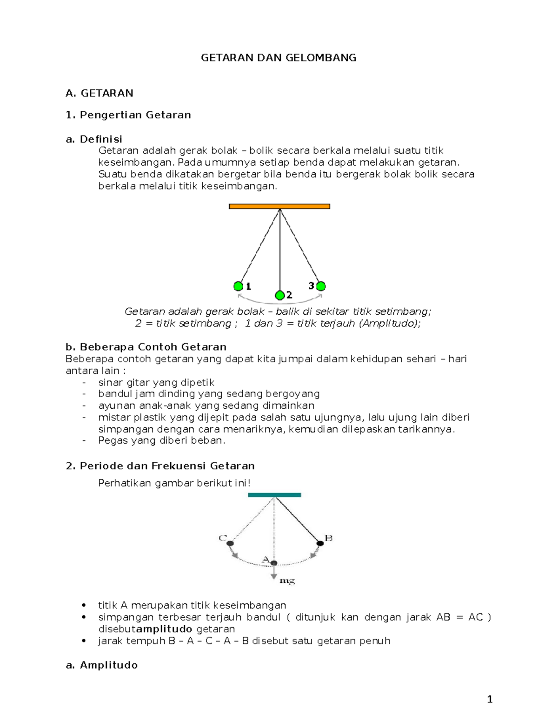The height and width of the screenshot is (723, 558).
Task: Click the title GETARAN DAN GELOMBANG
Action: [x=279, y=58]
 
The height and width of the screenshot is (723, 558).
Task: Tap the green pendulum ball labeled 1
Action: [x=239, y=286]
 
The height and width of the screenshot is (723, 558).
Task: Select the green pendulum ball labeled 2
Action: [x=279, y=295]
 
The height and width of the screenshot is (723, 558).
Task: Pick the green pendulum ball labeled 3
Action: [x=320, y=286]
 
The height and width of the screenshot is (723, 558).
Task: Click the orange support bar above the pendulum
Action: [x=279, y=206]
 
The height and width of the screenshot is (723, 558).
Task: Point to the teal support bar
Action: [x=274, y=495]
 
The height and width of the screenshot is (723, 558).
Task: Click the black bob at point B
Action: [x=320, y=543]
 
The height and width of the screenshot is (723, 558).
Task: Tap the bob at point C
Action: [x=230, y=543]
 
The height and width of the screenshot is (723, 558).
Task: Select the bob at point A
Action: [x=274, y=563]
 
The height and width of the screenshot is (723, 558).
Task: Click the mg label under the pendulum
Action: [x=287, y=581]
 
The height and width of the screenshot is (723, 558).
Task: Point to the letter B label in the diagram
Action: [x=328, y=538]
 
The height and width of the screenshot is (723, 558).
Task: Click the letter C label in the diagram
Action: [x=222, y=538]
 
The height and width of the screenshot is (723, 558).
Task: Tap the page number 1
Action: [x=489, y=699]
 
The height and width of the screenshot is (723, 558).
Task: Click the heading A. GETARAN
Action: [x=100, y=93]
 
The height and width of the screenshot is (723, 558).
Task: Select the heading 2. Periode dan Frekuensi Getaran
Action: [x=160, y=466]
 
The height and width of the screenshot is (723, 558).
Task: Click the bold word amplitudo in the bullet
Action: [x=164, y=629]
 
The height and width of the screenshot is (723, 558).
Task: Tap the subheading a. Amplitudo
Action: [x=102, y=665]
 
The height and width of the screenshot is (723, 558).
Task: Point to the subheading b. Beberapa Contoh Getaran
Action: [x=146, y=347]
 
